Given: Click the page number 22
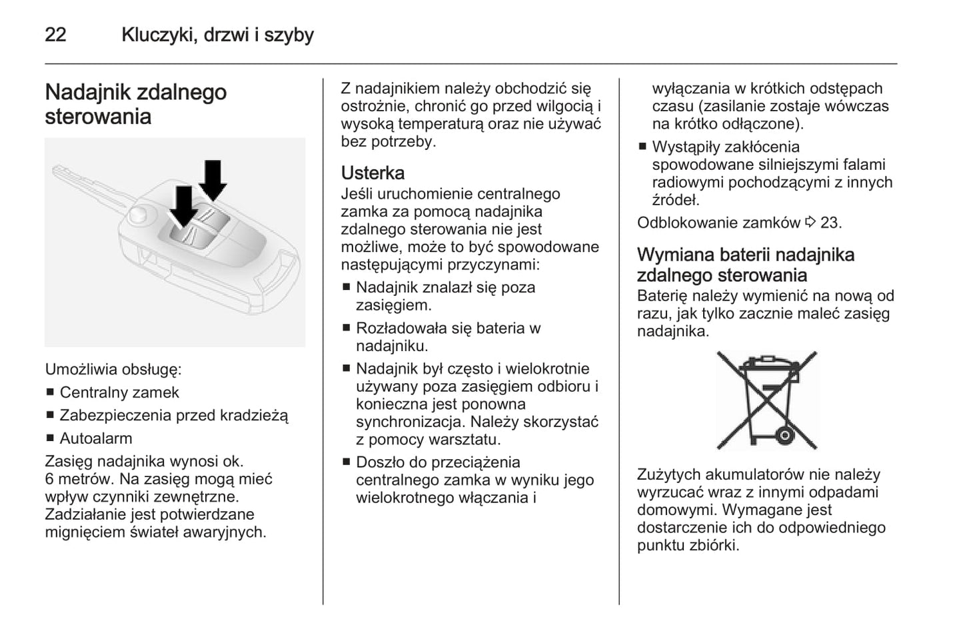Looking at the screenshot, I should (x=55, y=35).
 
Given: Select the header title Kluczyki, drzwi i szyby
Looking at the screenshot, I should (x=217, y=35).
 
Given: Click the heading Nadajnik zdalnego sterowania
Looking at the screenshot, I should (x=136, y=104).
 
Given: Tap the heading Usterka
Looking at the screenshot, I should (x=373, y=173).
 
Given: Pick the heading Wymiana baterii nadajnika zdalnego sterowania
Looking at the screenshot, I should (x=745, y=265).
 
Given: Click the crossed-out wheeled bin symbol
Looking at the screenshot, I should (x=766, y=400).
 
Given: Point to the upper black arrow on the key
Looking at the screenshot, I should (x=213, y=179).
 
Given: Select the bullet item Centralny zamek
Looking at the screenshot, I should (x=119, y=392).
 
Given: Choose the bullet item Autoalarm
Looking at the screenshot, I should (x=96, y=438).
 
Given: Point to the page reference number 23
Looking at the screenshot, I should (x=830, y=223).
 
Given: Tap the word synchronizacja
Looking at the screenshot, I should (x=409, y=422).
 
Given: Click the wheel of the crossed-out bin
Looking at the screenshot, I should (x=784, y=436).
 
